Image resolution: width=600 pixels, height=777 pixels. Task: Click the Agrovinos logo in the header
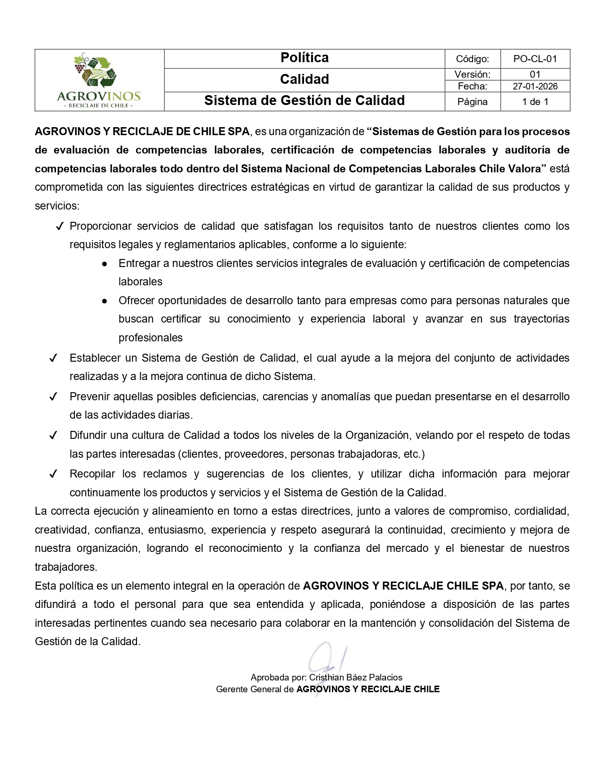point(99,80)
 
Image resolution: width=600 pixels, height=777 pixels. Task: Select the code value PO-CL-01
point(535,59)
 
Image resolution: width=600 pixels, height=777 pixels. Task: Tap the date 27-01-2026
point(535,86)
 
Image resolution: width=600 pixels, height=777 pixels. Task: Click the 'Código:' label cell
point(472,59)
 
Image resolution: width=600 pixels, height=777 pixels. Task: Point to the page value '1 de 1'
point(535,102)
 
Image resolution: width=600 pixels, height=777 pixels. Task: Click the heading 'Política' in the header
point(304,58)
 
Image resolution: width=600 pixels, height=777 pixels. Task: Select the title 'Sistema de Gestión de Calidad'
point(304,101)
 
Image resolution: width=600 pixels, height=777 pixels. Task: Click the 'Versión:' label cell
point(472,74)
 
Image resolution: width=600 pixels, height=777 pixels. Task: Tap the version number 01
point(535,74)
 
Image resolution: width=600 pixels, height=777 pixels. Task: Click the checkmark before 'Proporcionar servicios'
point(59,227)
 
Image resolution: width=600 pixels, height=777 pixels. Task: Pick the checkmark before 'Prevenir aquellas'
point(53,397)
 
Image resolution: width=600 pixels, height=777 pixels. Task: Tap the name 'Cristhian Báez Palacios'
point(356,678)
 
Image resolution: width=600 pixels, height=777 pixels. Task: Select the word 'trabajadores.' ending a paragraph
point(66,567)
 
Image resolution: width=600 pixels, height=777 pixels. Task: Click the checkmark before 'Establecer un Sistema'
point(53,358)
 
